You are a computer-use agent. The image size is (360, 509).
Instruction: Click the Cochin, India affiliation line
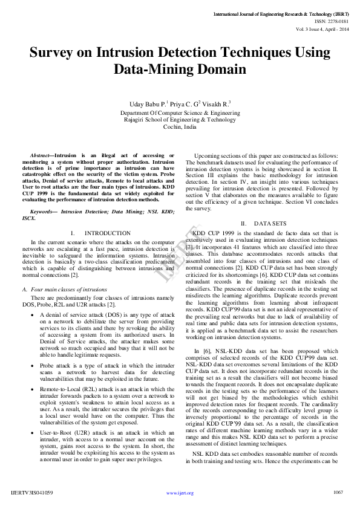point(180,128)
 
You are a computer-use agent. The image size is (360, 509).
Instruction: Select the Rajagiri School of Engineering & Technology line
point(180,120)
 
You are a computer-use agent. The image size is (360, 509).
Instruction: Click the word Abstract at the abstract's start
point(42,156)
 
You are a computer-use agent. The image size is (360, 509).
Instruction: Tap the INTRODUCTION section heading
point(107,233)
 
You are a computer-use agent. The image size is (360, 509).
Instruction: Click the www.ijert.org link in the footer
point(180,493)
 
